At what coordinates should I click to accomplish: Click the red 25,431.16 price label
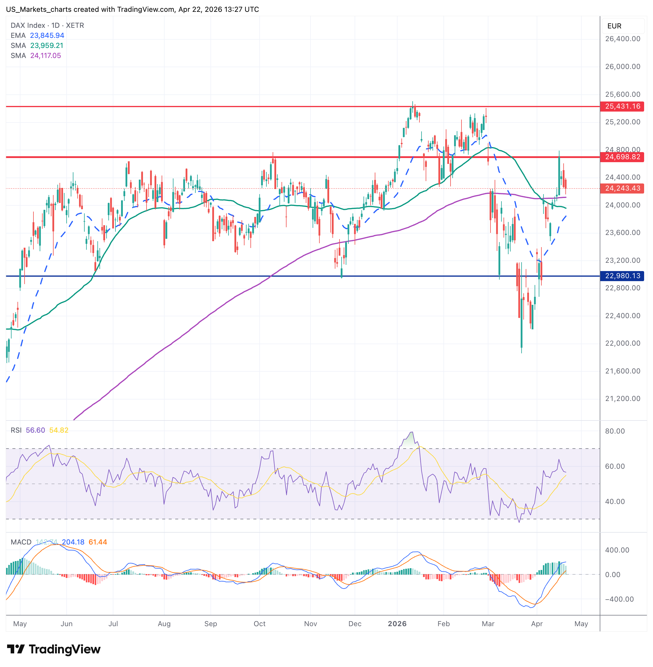[x=622, y=106]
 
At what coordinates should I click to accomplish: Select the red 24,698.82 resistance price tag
[x=622, y=157]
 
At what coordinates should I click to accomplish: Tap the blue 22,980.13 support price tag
[x=622, y=276]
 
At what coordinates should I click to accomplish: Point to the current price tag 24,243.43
[x=622, y=188]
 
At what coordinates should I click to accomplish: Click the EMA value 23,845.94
[x=47, y=35]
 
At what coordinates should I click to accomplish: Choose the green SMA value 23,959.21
[x=47, y=46]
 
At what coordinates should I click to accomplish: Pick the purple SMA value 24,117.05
[x=46, y=56]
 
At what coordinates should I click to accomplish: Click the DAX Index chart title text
[x=47, y=25]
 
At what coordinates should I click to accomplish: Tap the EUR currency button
[x=614, y=26]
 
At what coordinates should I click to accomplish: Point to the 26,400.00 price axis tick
[x=623, y=39]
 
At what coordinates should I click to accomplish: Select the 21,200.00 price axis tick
[x=623, y=399]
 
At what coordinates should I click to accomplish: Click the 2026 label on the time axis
[x=397, y=624]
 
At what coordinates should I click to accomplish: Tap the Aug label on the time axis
[x=164, y=624]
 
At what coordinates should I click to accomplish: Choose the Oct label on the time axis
[x=260, y=624]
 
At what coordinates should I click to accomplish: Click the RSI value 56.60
[x=35, y=430]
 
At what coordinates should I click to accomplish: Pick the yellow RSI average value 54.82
[x=59, y=430]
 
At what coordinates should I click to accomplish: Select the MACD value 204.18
[x=73, y=542]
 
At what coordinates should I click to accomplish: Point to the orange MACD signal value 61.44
[x=98, y=542]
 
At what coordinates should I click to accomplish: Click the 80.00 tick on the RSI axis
[x=615, y=431]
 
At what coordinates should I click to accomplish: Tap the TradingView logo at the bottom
[x=54, y=649]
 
